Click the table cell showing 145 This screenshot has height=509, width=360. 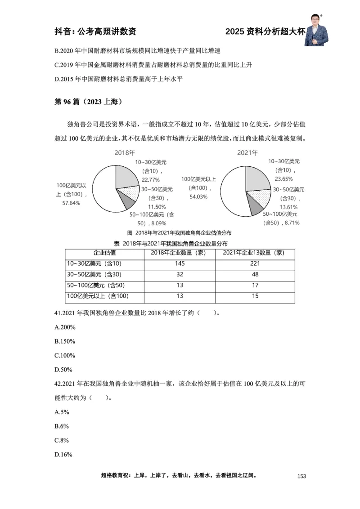(180, 263)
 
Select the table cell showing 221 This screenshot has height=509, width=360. (255, 263)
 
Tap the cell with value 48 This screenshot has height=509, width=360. (255, 274)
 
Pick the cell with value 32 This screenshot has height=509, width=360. (180, 274)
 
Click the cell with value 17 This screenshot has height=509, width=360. (255, 285)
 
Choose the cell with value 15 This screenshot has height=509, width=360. (255, 296)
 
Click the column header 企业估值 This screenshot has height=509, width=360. (104, 253)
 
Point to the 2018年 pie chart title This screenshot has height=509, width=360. (125, 153)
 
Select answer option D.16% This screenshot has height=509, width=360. (63, 455)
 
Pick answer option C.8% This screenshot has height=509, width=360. (62, 440)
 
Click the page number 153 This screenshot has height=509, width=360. (301, 476)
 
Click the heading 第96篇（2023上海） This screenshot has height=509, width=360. (88, 101)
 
